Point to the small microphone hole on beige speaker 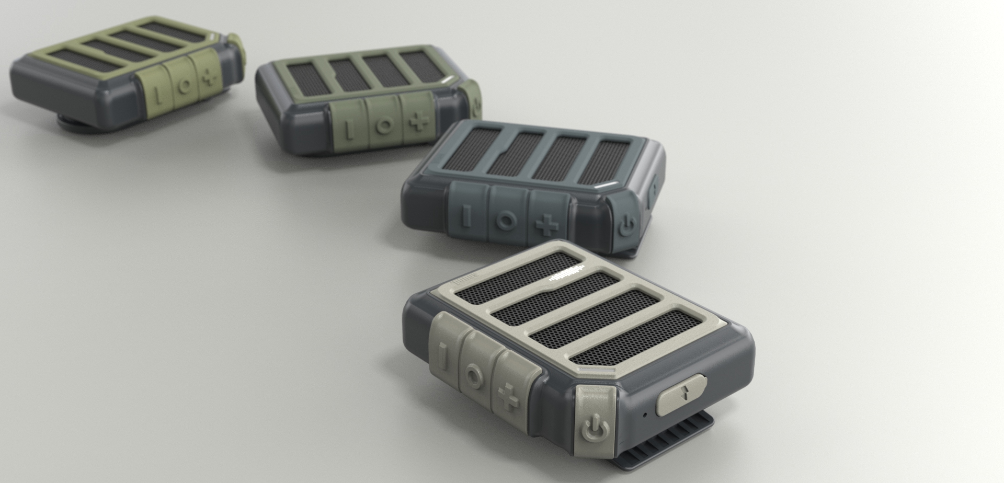coord(645,415)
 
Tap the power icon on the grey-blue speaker coord(627,226)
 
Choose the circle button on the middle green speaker coord(385,124)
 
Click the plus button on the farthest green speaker coord(210,79)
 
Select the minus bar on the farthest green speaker coord(156,93)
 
